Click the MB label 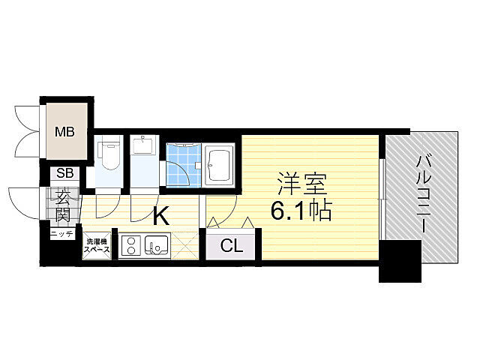point(64,133)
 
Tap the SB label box point(64,173)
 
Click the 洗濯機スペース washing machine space point(97,245)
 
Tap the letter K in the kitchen point(160,217)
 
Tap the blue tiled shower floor point(181,164)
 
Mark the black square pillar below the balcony point(400,262)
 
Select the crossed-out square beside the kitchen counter point(187,245)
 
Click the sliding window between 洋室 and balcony point(382,188)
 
